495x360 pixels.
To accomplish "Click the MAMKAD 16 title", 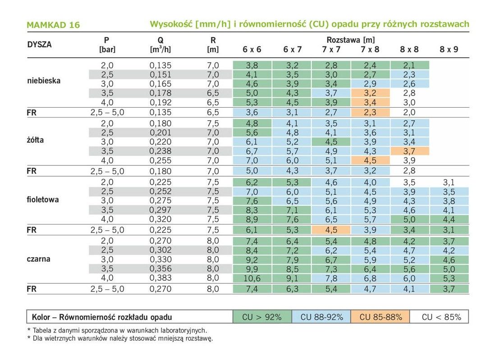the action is pos(53,25).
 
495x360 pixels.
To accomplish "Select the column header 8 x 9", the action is pos(449,49).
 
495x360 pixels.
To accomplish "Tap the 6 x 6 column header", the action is pos(252,49).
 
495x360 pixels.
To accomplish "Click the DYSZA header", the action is pos(40,45).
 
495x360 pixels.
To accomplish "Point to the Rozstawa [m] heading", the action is pos(350,40).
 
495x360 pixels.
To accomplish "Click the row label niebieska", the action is pos(44,81).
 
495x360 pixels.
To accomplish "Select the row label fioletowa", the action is pos(43,200).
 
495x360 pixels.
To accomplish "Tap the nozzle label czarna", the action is pos(38,259).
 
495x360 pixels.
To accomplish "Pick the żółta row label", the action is pos(35,140).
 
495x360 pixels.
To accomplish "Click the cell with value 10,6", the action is pos(252,278).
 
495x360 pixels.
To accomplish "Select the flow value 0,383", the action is pos(160,278).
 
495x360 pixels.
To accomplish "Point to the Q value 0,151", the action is pos(160,74).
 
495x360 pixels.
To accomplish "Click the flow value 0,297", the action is pos(160,210).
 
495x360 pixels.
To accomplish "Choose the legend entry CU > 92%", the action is pos(262,317).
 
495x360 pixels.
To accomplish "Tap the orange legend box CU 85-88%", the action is pos(380,317).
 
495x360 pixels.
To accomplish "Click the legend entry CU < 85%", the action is pos(441,317).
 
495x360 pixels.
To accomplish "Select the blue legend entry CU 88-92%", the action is pos(321,317).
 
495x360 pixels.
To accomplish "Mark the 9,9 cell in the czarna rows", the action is pos(252,269).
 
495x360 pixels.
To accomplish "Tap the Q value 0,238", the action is pos(160,151).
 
